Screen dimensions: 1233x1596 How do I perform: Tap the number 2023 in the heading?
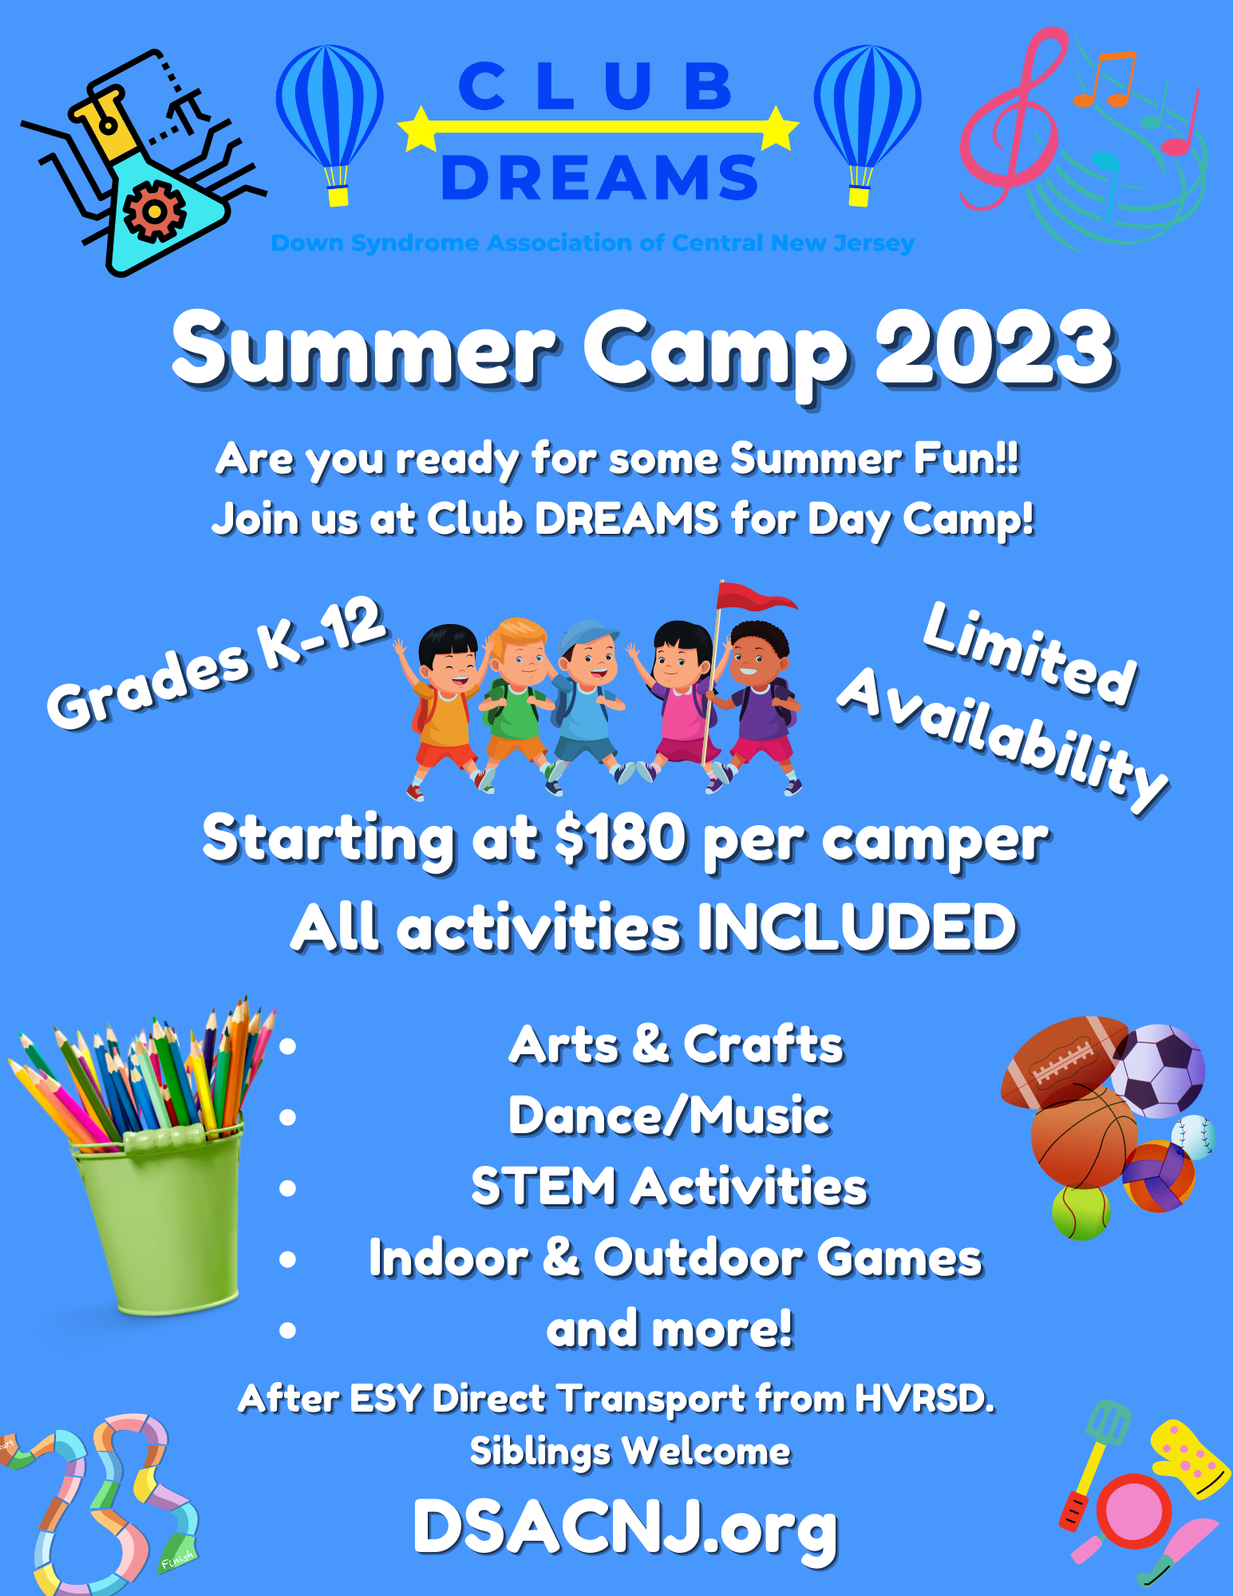pos(995,350)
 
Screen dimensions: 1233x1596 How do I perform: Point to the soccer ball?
pos(1158,1071)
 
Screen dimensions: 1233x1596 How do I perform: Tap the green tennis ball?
pos(1081,1213)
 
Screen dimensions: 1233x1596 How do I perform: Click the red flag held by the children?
pos(753,597)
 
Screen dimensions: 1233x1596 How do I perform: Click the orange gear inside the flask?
pos(155,211)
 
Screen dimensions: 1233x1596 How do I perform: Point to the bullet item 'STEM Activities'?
pos(669,1187)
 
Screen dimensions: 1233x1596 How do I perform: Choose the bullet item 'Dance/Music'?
pos(669,1116)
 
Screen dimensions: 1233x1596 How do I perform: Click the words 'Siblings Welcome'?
pos(630,1452)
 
